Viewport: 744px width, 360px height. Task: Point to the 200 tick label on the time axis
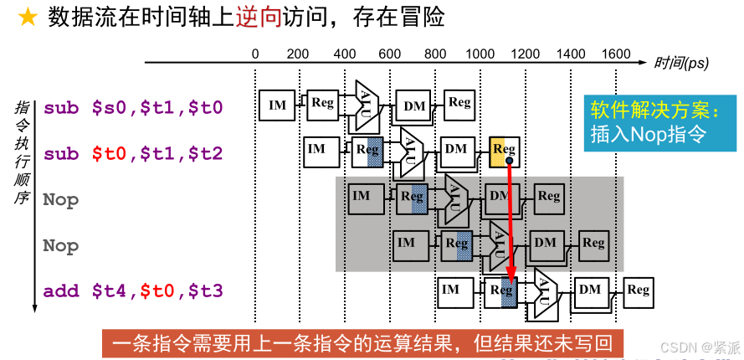298,54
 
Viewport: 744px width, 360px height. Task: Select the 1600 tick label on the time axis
615,54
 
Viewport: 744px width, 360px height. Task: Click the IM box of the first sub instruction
277,105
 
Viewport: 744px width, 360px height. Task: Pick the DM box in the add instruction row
590,290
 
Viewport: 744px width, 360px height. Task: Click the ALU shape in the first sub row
367,103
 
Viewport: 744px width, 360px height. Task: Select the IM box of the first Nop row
361,196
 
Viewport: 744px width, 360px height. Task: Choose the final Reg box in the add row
639,291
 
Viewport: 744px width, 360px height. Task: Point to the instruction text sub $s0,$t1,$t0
133,107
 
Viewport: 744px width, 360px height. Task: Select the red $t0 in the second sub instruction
109,154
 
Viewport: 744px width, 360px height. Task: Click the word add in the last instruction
60,291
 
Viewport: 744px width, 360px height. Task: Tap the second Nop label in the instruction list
61,245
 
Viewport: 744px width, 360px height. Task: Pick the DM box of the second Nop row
545,243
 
